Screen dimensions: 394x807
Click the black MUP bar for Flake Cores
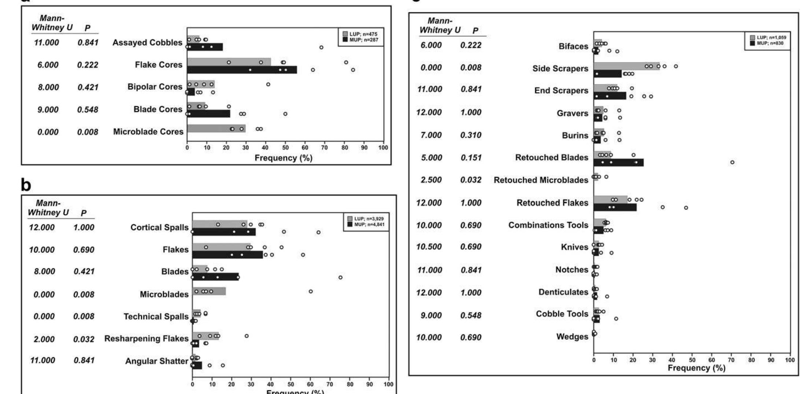coord(242,70)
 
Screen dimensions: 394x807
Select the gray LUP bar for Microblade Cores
coord(216,129)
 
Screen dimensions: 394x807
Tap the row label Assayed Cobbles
coord(147,43)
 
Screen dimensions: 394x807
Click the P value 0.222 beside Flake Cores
coord(88,65)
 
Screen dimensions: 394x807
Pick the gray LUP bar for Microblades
coord(209,291)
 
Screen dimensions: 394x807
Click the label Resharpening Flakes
coord(146,338)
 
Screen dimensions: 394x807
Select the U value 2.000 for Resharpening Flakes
coord(44,339)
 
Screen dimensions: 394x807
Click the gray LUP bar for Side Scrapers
coord(626,66)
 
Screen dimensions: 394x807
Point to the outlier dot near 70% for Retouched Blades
coord(732,162)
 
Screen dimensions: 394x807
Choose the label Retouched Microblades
coord(541,180)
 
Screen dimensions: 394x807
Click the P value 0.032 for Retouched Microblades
coord(471,180)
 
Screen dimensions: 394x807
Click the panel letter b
coord(26,185)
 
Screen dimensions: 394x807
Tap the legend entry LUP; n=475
coord(363,34)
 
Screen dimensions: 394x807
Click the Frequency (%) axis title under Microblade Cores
coord(284,158)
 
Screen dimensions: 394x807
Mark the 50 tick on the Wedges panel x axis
coord(692,360)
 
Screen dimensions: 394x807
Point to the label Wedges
coord(572,336)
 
